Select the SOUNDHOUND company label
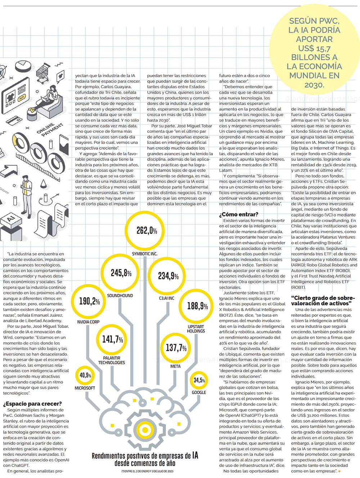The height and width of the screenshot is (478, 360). [x=120, y=296]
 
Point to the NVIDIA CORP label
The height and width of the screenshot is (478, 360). [x=88, y=322]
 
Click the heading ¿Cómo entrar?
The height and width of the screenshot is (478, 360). [x=239, y=214]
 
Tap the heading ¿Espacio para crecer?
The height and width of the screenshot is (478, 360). [x=32, y=403]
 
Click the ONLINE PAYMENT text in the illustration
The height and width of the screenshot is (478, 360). [x=50, y=130]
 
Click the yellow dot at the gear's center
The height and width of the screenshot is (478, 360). [x=145, y=430]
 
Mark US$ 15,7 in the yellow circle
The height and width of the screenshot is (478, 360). [x=314, y=48]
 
